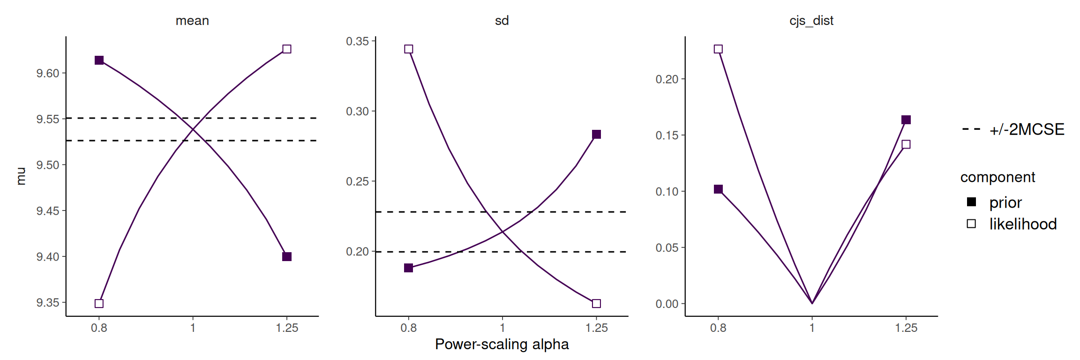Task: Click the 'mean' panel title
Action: [x=192, y=21]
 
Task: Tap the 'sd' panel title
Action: [x=502, y=21]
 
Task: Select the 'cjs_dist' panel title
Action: [x=811, y=21]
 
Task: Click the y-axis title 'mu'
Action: [x=21, y=176]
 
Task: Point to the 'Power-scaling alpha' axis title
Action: [x=502, y=344]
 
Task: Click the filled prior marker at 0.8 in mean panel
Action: [x=99, y=60]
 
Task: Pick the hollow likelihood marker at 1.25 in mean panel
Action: [x=287, y=49]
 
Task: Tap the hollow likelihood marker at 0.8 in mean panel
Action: [x=99, y=303]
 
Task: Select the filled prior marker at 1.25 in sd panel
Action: [x=596, y=135]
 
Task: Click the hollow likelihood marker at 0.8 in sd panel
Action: [x=409, y=49]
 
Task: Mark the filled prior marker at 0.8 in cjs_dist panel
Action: [x=718, y=189]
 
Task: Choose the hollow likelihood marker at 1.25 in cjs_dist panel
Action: [x=906, y=144]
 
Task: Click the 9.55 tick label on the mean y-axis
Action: [x=48, y=119]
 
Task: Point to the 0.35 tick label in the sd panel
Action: [x=358, y=41]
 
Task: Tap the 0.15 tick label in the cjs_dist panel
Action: [x=667, y=135]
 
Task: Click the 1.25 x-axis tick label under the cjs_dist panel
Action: [x=906, y=328]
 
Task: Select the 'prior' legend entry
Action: [x=994, y=202]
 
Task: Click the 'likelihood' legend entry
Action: [x=1011, y=224]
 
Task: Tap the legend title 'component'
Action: [x=997, y=177]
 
